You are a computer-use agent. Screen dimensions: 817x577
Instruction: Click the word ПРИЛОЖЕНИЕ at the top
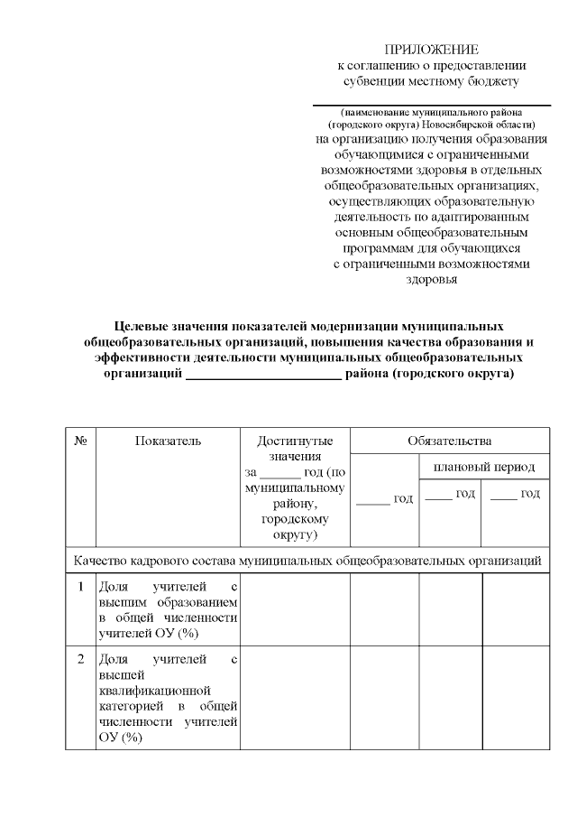coord(431,49)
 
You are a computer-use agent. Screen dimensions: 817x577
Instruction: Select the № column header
coord(80,441)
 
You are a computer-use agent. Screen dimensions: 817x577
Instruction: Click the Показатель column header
coord(168,441)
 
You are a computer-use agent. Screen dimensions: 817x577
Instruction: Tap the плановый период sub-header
coord(484,467)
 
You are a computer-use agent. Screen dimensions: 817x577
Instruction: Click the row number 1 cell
coord(80,586)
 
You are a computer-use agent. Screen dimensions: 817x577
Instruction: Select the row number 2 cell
coord(80,659)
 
